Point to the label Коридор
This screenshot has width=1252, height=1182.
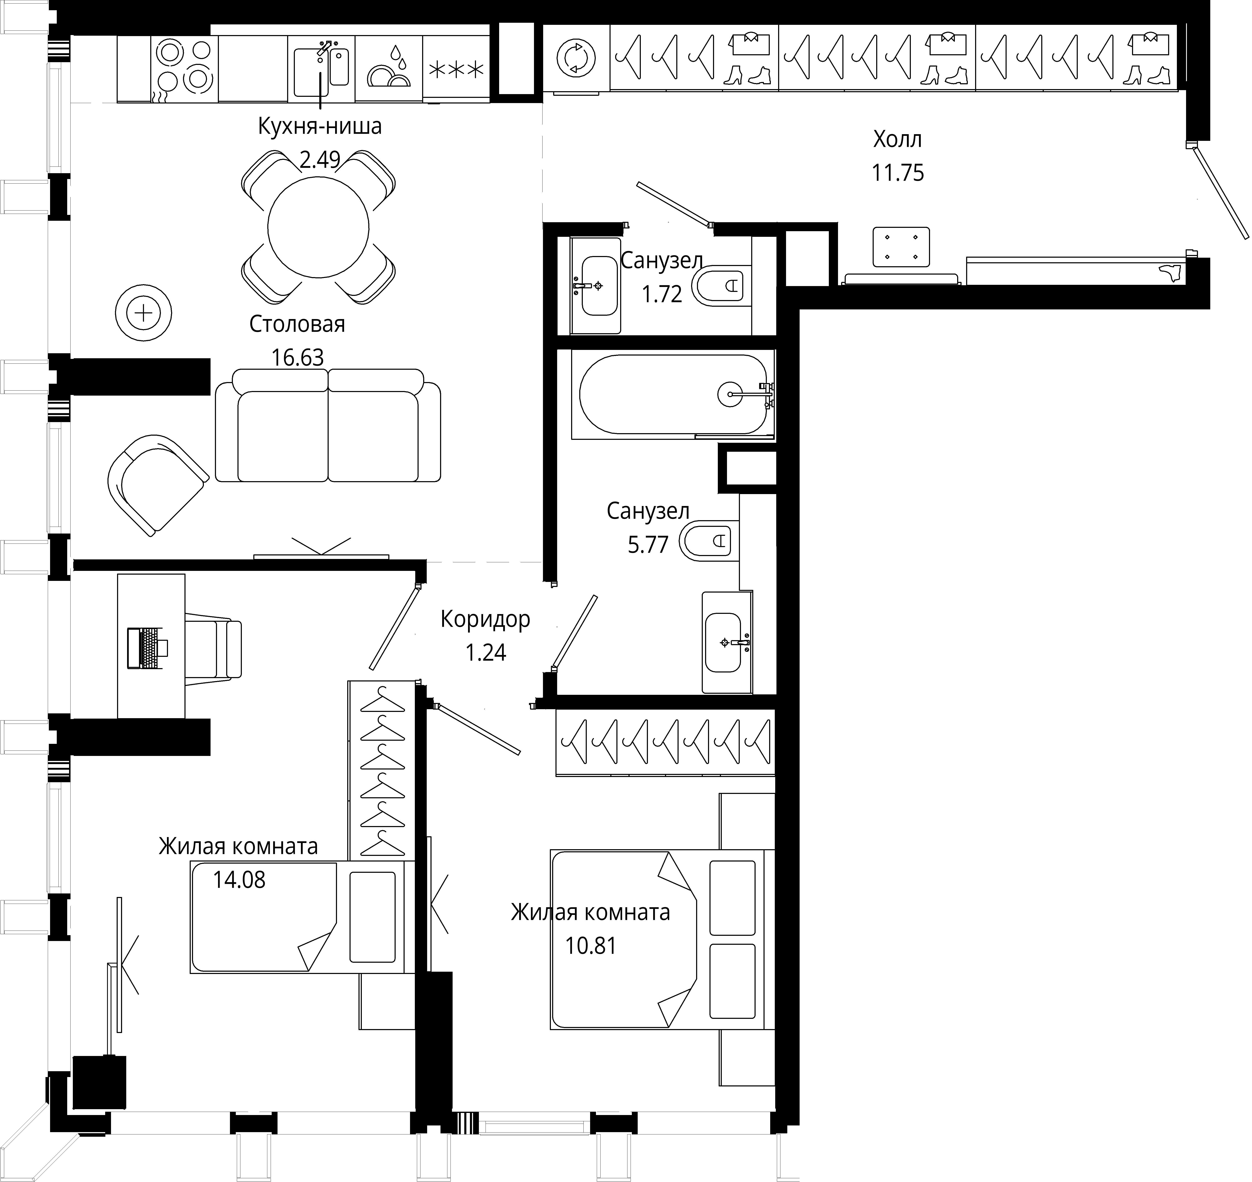tap(485, 619)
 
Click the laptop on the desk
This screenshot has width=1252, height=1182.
tap(147, 648)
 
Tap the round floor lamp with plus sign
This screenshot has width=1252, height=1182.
tap(144, 313)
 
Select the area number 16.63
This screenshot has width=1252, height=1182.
tap(297, 357)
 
